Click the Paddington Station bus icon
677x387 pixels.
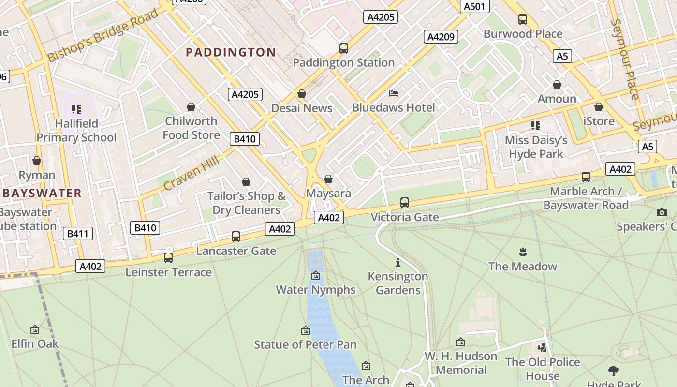(344, 48)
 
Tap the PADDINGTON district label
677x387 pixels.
(231, 52)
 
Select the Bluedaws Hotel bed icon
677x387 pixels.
(394, 93)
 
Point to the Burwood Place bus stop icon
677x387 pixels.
(523, 19)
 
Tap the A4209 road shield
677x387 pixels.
(441, 37)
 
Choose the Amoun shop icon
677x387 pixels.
(557, 85)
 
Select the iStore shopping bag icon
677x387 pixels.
(599, 107)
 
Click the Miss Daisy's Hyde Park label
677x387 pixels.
(536, 147)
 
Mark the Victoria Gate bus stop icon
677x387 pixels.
(405, 203)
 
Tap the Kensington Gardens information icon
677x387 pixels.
(398, 262)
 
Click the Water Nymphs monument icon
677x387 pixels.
(316, 276)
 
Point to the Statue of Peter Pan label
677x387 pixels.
(305, 344)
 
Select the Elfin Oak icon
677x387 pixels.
(35, 329)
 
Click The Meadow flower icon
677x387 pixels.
(522, 252)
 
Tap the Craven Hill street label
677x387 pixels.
(191, 173)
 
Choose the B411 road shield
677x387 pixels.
(77, 234)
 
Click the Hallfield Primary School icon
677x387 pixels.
(76, 109)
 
